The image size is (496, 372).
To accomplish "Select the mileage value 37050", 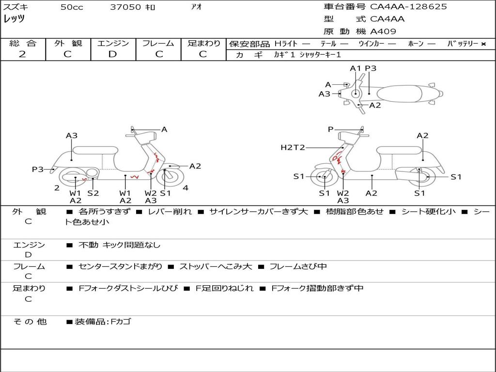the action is [x=125, y=7].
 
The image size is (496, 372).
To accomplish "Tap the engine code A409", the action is [x=383, y=31].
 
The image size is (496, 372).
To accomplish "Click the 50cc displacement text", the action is [x=72, y=7].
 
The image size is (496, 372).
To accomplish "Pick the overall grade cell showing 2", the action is [x=23, y=54].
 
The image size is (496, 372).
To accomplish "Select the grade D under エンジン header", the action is [x=113, y=54].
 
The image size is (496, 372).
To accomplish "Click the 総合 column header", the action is [x=23, y=43].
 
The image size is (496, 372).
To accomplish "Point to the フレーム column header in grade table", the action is [x=158, y=43].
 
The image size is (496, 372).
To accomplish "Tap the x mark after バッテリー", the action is [x=483, y=44].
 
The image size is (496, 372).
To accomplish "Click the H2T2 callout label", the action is [x=293, y=147].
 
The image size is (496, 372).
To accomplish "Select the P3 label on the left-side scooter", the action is [x=38, y=169].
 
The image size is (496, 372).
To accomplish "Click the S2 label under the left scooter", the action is [x=93, y=193].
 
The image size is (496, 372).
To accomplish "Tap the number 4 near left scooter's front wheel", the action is [x=186, y=187].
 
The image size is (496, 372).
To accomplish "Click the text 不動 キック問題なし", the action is [x=119, y=245].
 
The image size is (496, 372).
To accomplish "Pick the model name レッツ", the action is [x=15, y=19].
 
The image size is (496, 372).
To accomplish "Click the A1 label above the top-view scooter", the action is [x=356, y=68].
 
